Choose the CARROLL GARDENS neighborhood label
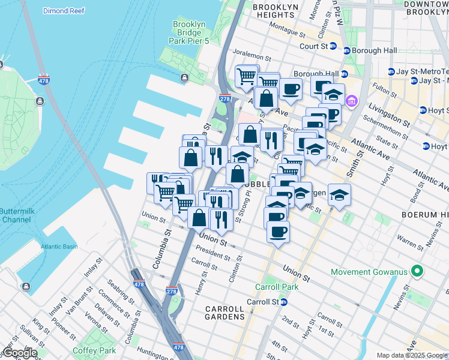[x=225, y=313]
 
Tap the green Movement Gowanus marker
[x=414, y=272]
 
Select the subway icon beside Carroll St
[x=283, y=302]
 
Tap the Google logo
[x=19, y=353]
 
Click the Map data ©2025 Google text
[x=412, y=355]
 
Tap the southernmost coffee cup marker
[x=278, y=231]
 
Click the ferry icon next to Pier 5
[x=184, y=77]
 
